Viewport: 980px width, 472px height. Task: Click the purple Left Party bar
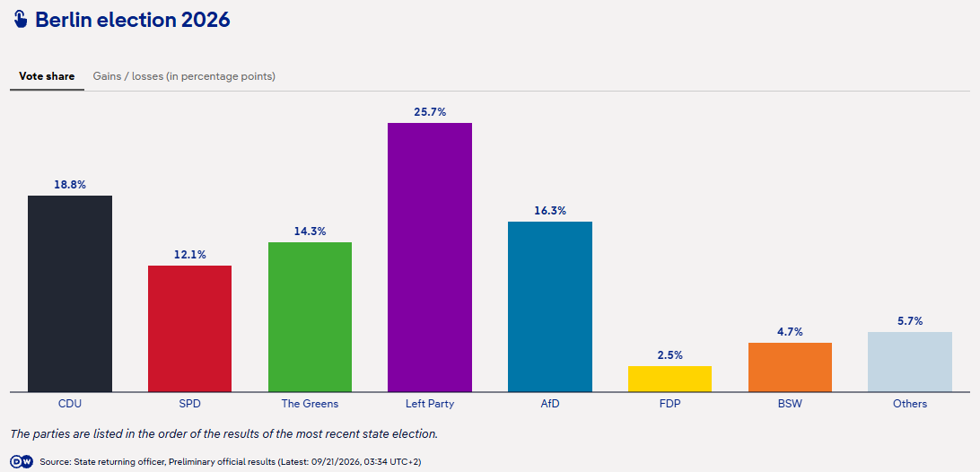click(430, 257)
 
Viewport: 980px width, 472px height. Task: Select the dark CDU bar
click(70, 293)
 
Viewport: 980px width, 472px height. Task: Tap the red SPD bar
click(190, 328)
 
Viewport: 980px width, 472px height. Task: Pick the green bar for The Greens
click(310, 317)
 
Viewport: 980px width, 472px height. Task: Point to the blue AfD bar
click(550, 306)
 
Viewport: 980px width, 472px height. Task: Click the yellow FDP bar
click(670, 379)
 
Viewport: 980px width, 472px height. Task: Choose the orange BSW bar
click(790, 367)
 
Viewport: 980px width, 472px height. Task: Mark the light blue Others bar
click(910, 362)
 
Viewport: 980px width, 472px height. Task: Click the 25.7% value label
click(430, 112)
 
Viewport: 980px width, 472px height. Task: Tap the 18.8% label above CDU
click(70, 185)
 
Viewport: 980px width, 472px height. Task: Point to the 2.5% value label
click(670, 355)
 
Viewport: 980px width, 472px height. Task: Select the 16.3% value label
click(550, 211)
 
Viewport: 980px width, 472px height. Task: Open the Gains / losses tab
click(184, 76)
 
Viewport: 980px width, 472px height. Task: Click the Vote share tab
click(47, 76)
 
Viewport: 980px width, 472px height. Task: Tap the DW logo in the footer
click(22, 462)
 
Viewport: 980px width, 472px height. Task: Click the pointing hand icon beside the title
click(21, 20)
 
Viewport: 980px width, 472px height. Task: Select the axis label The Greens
click(310, 404)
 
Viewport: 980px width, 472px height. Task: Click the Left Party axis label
click(430, 404)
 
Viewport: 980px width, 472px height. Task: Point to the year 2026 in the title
click(206, 20)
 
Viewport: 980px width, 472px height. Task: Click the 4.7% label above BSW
click(790, 332)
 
